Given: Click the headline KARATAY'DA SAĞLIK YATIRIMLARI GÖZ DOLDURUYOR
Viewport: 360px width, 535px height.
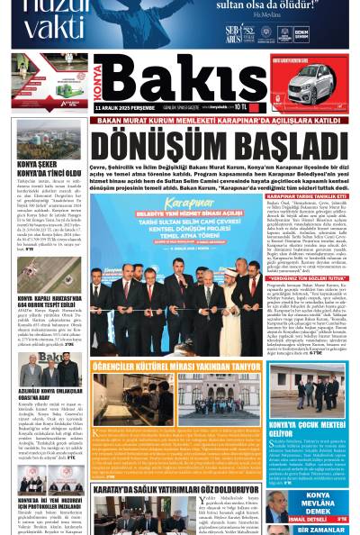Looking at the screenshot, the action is [177, 466].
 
